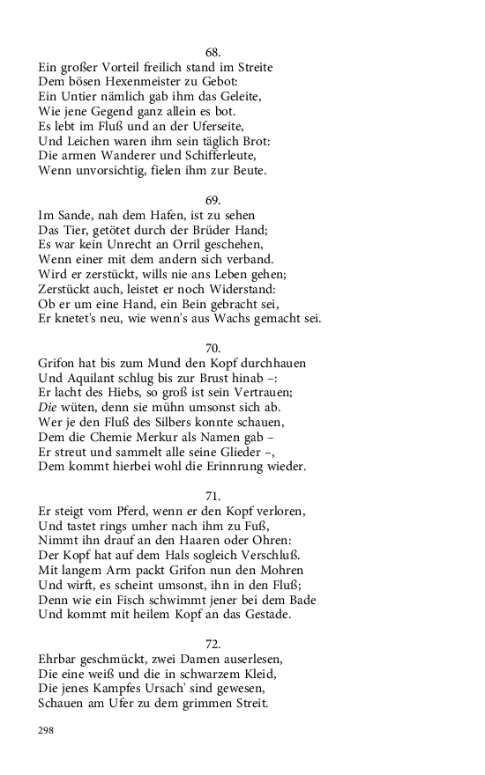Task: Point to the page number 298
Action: point(47,730)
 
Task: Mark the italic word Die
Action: point(48,407)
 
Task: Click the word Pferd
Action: point(131,511)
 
